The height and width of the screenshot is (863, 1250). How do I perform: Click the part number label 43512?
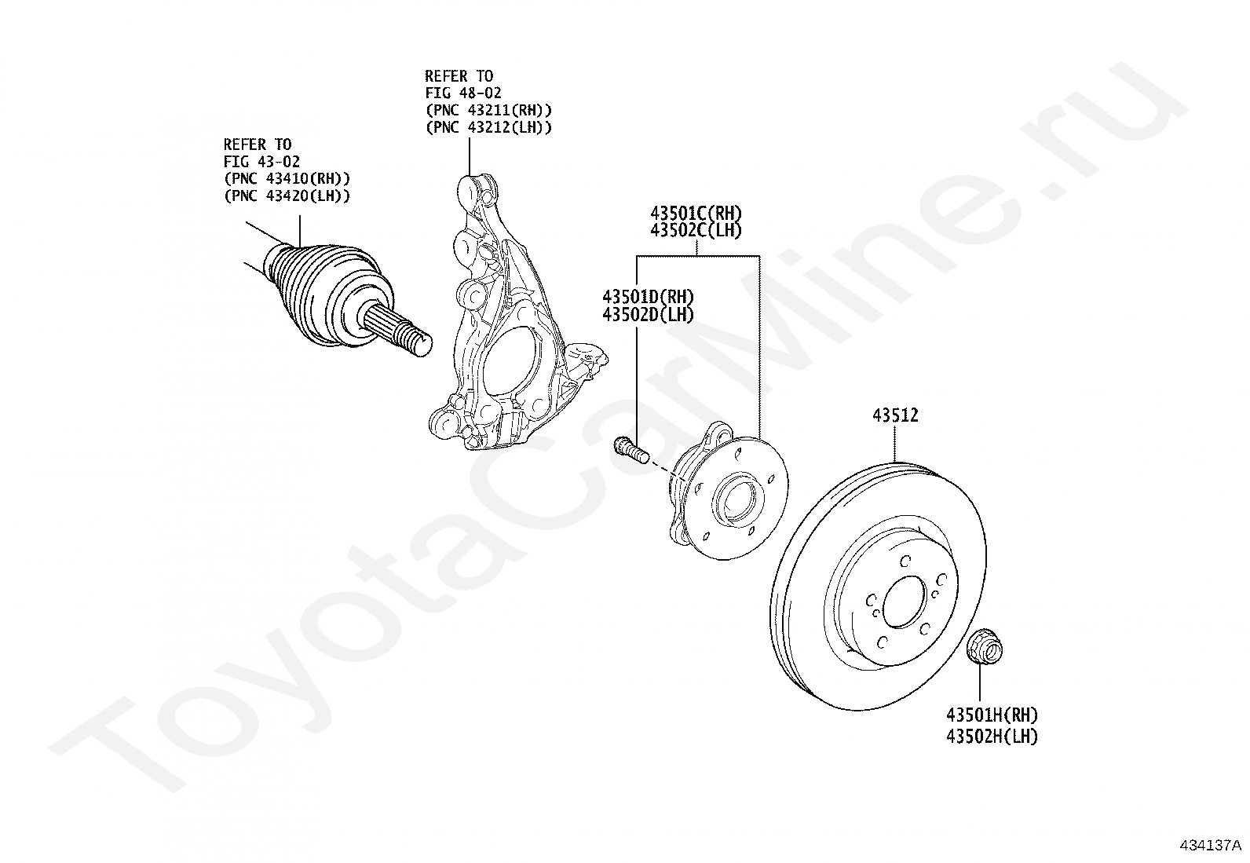pos(895,415)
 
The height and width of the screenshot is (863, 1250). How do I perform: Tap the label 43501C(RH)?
pos(696,214)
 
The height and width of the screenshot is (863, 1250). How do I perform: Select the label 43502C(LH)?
pos(696,231)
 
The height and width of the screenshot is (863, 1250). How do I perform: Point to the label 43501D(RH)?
pos(648,297)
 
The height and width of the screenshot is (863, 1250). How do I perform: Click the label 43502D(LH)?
pos(648,314)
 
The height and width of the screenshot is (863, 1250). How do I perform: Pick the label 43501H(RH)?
pos(992,715)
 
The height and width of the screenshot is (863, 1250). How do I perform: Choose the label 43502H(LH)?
pos(992,737)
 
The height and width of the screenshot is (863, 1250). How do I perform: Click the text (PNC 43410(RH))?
pos(287,178)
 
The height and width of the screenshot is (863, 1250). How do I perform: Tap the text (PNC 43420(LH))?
pos(287,196)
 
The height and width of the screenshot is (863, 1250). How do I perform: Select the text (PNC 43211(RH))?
pos(488,110)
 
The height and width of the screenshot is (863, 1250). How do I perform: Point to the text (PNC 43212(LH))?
pos(488,127)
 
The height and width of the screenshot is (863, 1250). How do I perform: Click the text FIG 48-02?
pos(463,93)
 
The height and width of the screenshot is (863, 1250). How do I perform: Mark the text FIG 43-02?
pos(261,161)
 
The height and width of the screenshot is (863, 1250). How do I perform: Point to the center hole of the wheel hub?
pos(735,499)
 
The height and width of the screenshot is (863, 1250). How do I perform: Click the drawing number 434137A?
pos(1211,845)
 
